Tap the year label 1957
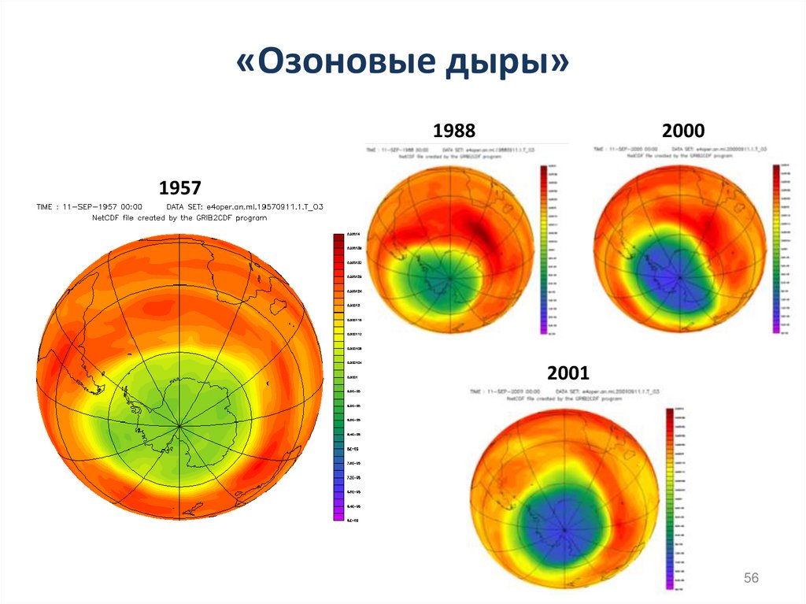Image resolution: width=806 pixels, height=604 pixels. pyautogui.click(x=180, y=188)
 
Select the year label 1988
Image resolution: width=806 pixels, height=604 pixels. pyautogui.click(x=454, y=132)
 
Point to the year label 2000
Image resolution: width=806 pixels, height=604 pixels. pyautogui.click(x=682, y=132)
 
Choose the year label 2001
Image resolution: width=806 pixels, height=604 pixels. pyautogui.click(x=568, y=372)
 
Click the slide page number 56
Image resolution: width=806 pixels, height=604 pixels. pyautogui.click(x=751, y=579)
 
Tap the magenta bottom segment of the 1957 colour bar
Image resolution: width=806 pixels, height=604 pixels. pyautogui.click(x=338, y=516)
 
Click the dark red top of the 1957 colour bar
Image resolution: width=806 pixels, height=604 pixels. pyautogui.click(x=338, y=239)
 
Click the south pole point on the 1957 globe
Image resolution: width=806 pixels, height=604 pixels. pyautogui.click(x=180, y=427)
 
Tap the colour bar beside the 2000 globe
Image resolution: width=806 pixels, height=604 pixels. pyautogui.click(x=777, y=249)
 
